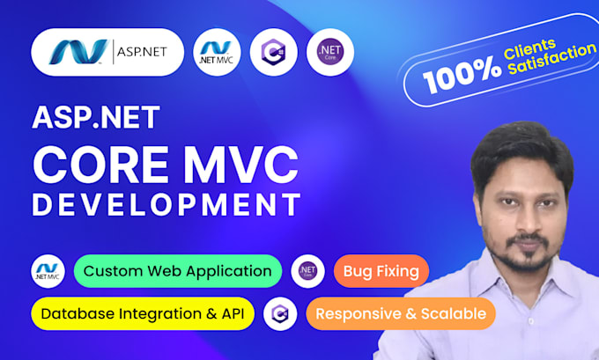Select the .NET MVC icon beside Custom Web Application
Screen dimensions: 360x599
(x=47, y=271)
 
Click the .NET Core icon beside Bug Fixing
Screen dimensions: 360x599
(x=307, y=271)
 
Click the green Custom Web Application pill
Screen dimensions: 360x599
(x=177, y=271)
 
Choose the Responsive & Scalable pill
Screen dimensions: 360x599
(x=400, y=313)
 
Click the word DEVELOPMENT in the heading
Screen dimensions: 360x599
(x=166, y=205)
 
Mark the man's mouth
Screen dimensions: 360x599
(x=520, y=231)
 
